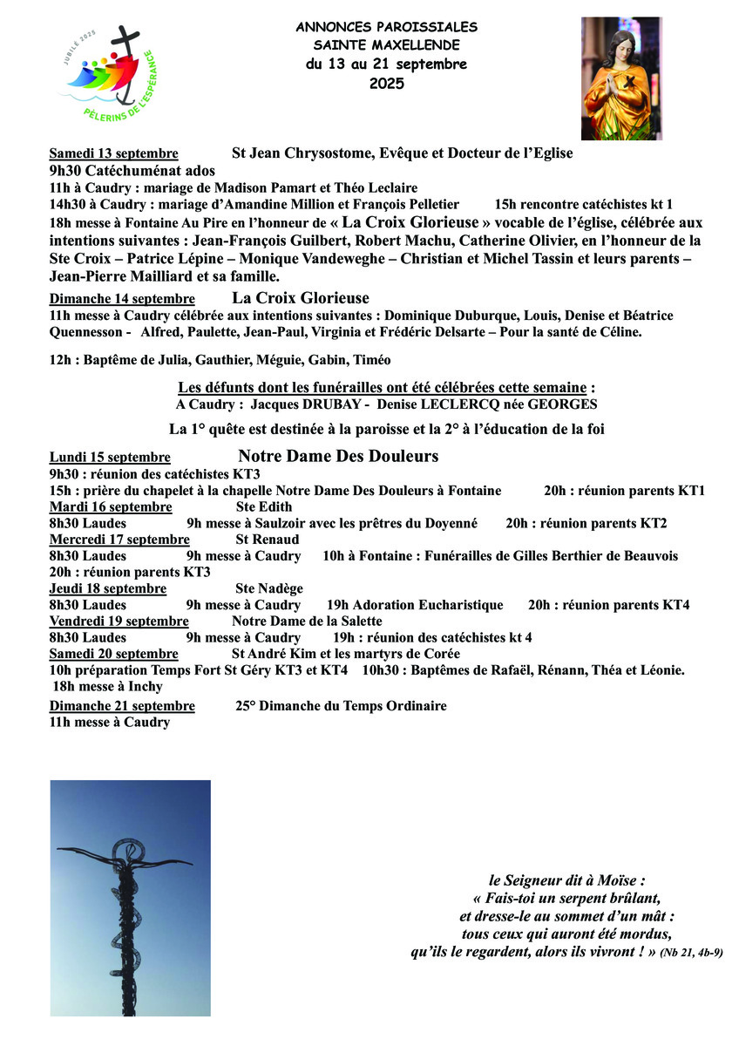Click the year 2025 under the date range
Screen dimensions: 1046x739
[x=386, y=84]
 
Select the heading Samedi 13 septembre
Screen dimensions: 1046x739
[x=114, y=153]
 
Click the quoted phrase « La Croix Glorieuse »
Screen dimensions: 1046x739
[x=422, y=221]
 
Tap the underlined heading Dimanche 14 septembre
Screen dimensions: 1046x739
[x=122, y=299]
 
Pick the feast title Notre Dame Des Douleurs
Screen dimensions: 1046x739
[x=338, y=457]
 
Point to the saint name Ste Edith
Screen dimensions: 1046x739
[x=264, y=507]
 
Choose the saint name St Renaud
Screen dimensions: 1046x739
[x=268, y=540]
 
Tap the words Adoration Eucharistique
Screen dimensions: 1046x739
[x=415, y=605]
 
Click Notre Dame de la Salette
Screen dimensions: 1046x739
[x=307, y=621]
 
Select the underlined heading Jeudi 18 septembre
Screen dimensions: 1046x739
[x=108, y=589]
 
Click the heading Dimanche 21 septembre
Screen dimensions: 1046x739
[x=122, y=706]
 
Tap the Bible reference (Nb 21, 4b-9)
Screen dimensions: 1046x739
[x=691, y=954]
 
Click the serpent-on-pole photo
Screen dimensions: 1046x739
[x=130, y=898]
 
